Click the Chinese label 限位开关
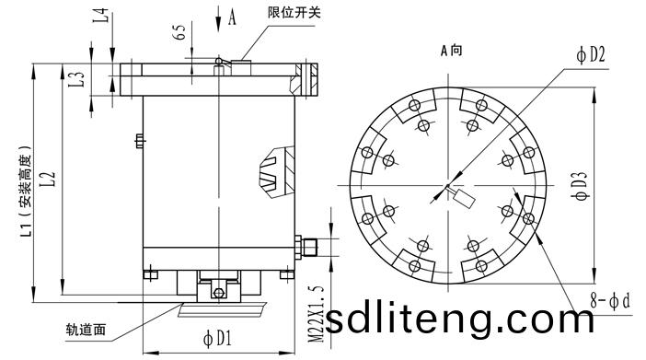coord(294,12)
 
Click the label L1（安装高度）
coord(27,191)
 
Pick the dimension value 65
coord(179,32)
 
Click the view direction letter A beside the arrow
coord(232,17)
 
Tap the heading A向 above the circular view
coord(452,51)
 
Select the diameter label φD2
coord(591,54)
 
